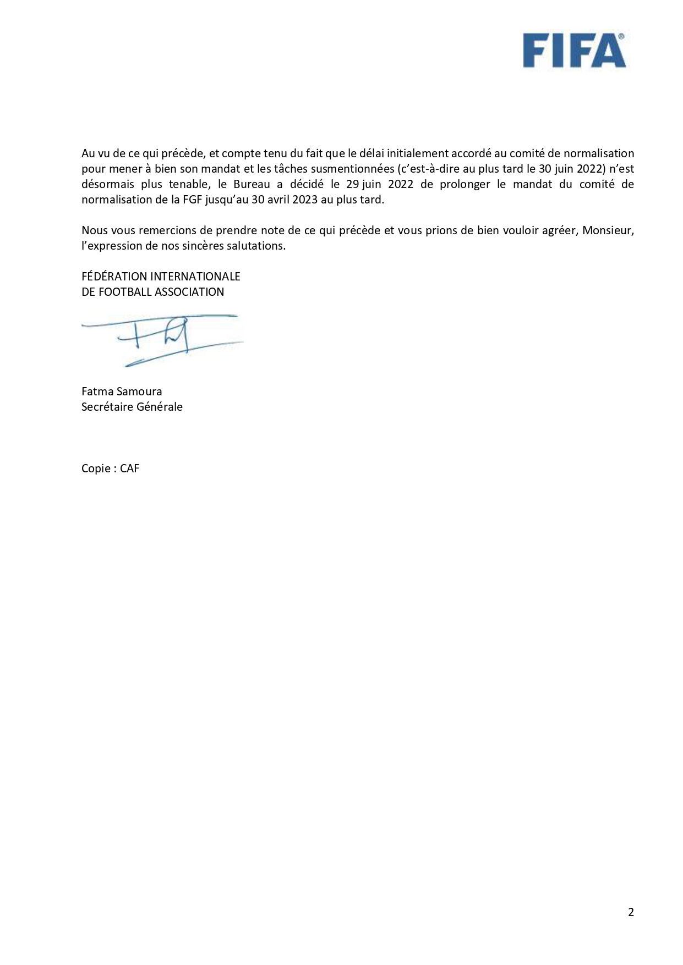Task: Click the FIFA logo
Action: click(x=573, y=50)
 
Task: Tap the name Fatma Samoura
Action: click(x=122, y=391)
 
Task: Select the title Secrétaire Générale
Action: click(x=132, y=407)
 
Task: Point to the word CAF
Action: click(x=130, y=468)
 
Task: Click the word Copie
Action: click(x=96, y=468)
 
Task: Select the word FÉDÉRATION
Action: click(x=114, y=276)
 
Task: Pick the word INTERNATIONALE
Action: click(x=195, y=276)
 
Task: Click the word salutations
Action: click(x=258, y=246)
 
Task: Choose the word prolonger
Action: click(x=465, y=184)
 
